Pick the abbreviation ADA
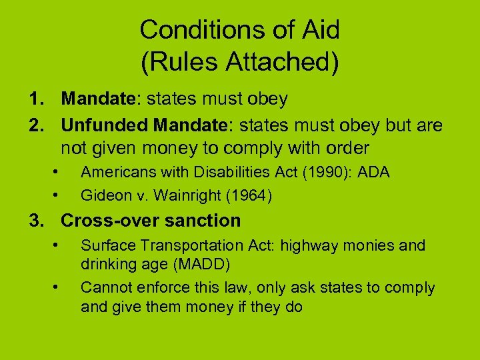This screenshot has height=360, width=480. click(373, 172)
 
